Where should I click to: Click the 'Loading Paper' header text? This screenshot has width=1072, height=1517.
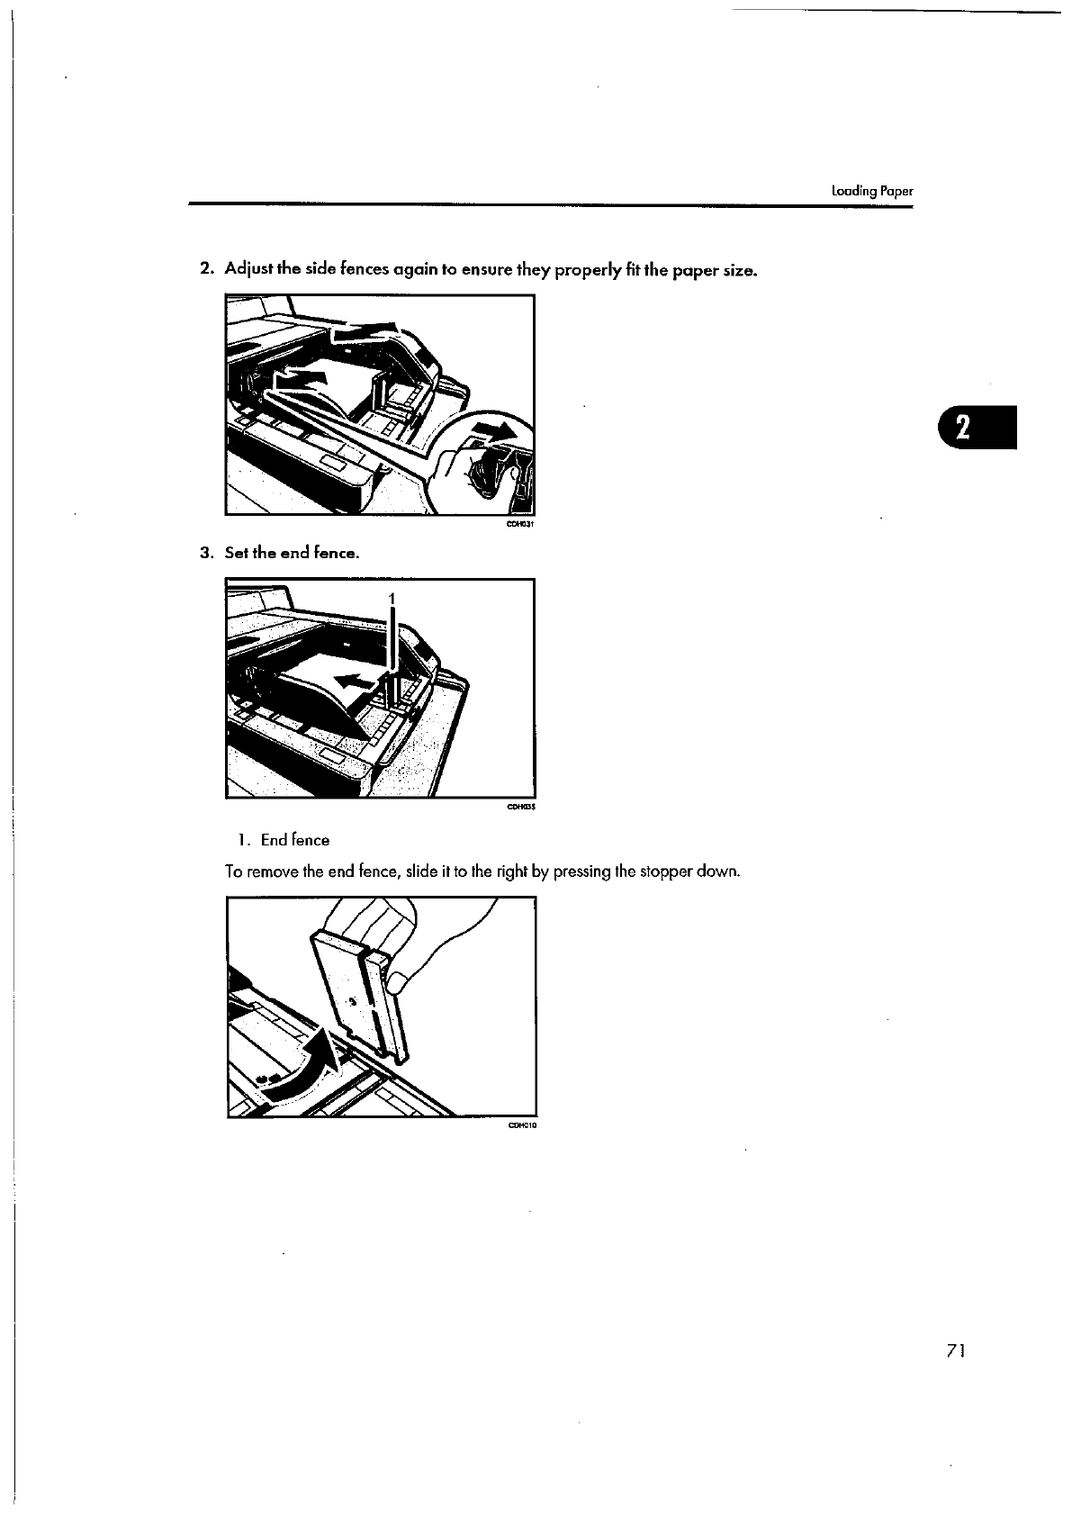tap(871, 191)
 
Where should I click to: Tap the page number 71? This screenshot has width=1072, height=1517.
tap(956, 1350)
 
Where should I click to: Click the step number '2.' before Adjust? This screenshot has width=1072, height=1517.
tap(206, 269)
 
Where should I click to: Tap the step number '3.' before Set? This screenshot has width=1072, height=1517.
tap(206, 553)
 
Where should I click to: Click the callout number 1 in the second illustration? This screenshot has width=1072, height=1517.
tap(392, 599)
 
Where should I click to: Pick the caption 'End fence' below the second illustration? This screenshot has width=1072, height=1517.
tap(295, 840)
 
